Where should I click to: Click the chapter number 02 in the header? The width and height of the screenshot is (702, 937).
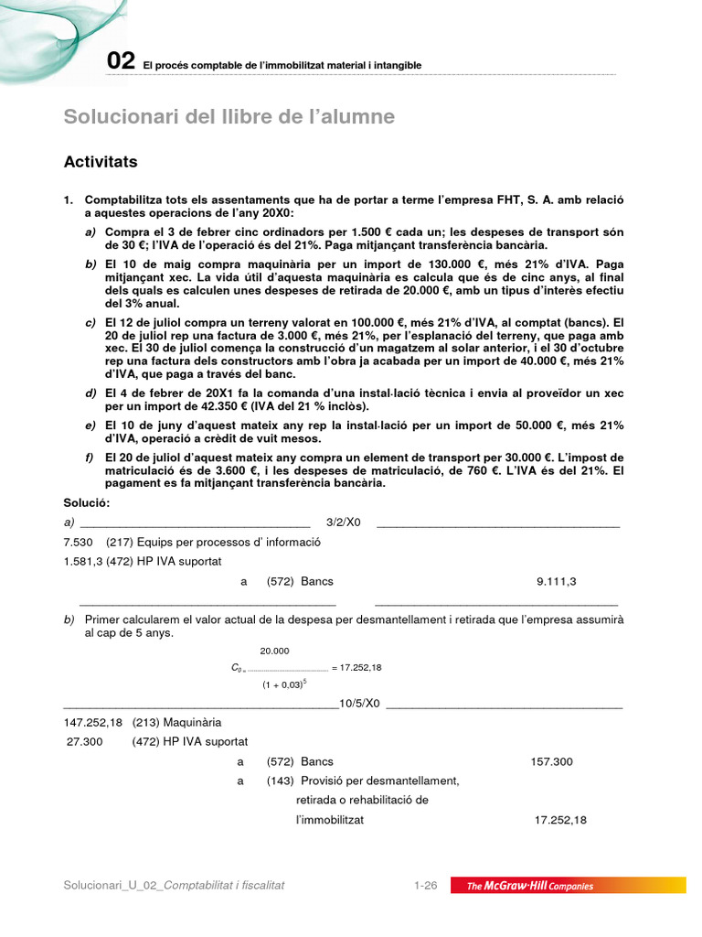pos(121,61)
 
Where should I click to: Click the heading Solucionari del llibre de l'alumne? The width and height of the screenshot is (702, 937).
pos(229,117)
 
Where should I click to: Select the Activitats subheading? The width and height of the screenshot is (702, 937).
pos(101,162)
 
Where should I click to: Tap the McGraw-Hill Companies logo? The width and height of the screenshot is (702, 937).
pos(530,886)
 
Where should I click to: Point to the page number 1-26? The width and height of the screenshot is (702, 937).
pos(426,886)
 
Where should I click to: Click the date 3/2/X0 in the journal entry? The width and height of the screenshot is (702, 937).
pos(344,522)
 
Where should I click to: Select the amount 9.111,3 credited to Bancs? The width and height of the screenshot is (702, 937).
pos(556,581)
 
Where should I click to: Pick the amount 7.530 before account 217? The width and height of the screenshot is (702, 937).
pos(79,542)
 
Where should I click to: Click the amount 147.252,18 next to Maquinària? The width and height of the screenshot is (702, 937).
pos(90,723)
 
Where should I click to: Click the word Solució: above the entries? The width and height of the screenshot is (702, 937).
pos(86,503)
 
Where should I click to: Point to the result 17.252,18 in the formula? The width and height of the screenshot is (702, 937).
pos(360,667)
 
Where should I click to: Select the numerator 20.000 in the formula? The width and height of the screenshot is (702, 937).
pos(274,651)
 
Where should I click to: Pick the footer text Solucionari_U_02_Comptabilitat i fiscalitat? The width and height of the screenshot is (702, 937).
pos(174,886)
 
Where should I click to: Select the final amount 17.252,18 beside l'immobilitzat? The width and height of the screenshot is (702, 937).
pos(560,820)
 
